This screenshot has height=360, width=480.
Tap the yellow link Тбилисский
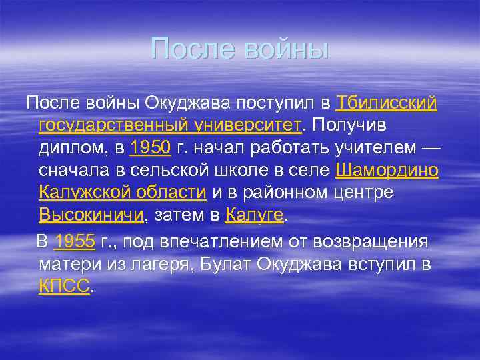point(387,103)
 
